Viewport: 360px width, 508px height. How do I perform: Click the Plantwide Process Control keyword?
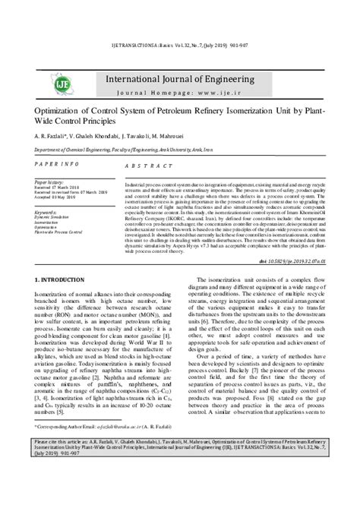(62, 231)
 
